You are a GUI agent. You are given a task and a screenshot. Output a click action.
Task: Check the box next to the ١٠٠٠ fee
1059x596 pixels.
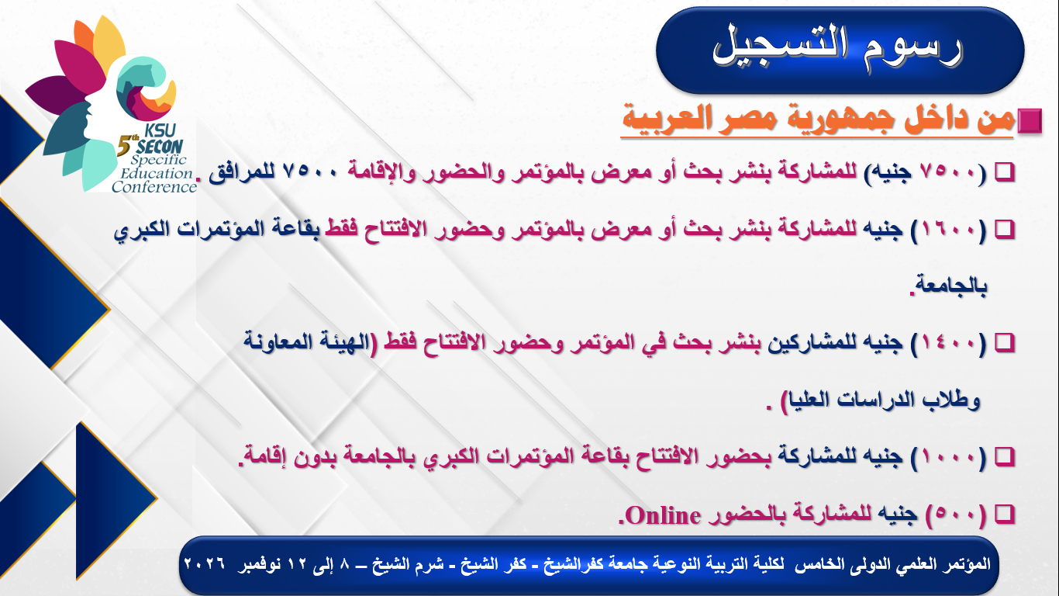click(1005, 457)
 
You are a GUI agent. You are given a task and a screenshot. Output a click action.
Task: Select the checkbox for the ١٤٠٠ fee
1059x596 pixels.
click(1005, 343)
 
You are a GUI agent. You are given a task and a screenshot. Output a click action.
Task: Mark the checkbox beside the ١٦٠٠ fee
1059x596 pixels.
click(1005, 230)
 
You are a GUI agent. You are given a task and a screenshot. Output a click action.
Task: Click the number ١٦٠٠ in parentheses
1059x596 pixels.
click(948, 230)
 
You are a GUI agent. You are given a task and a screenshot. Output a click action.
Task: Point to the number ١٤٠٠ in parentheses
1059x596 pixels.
click(948, 343)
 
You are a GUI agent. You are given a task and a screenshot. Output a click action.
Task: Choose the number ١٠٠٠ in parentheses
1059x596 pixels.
click(948, 457)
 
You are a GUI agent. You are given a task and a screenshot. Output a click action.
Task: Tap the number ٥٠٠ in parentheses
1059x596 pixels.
click(956, 515)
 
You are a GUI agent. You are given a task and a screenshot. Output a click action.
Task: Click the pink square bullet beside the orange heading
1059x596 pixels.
click(1030, 121)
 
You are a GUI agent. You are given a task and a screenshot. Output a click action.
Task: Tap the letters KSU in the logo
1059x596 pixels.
click(160, 130)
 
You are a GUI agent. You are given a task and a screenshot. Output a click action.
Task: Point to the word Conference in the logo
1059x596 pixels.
click(154, 187)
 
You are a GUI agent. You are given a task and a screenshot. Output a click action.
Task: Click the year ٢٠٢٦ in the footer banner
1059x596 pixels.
click(204, 564)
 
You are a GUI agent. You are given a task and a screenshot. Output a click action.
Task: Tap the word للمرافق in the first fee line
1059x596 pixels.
click(242, 172)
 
